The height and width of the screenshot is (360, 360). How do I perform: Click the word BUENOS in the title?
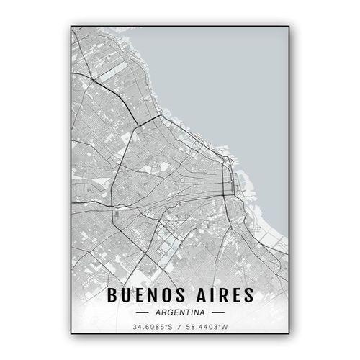click(147, 295)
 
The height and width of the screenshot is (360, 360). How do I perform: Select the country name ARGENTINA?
click(181, 312)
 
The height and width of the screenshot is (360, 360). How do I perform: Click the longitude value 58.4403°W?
click(207, 329)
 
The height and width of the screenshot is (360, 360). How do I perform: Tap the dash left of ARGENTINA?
click(142, 312)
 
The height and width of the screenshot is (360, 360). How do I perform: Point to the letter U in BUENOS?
click(126, 295)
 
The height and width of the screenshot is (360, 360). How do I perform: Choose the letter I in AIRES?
click(211, 295)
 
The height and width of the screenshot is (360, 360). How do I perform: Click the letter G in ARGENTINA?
click(168, 312)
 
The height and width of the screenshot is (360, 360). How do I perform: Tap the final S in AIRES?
click(248, 295)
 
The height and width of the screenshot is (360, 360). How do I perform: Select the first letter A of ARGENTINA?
click(156, 312)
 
